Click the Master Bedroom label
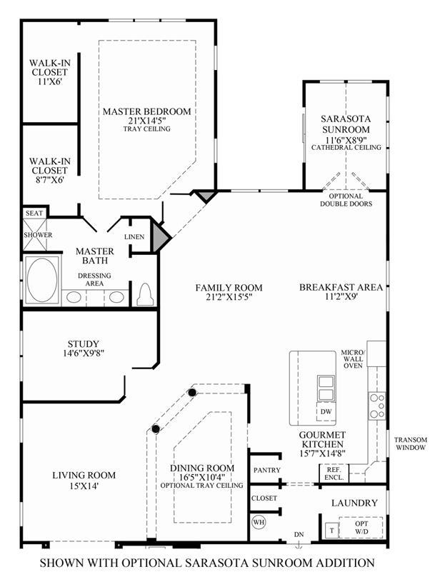(146, 111)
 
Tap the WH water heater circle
(259, 522)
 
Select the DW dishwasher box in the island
(326, 411)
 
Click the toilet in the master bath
(146, 295)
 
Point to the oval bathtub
(42, 280)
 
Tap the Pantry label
(267, 471)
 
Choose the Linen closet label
(134, 237)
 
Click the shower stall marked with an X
(35, 234)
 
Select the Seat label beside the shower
(34, 214)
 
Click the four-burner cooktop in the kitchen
(377, 406)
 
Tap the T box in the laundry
(332, 530)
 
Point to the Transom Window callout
(411, 443)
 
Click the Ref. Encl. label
(334, 473)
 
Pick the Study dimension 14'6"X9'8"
(83, 353)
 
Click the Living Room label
(84, 475)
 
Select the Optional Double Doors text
(346, 200)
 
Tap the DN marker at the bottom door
(299, 535)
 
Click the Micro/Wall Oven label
(354, 359)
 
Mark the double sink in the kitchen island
(326, 388)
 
